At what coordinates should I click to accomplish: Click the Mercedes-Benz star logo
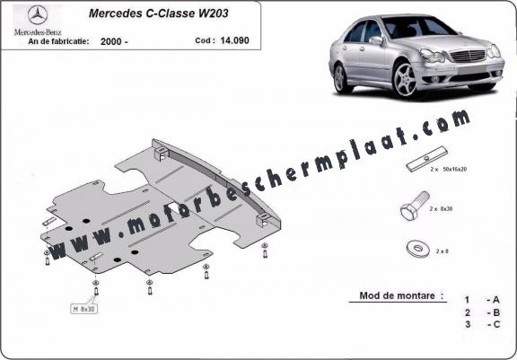tap(38, 15)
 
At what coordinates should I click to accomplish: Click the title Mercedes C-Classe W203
tap(158, 13)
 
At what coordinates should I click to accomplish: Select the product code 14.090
tap(235, 40)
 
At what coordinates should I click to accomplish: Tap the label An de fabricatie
tap(58, 41)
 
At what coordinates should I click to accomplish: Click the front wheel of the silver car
tap(406, 80)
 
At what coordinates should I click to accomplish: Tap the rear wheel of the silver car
tap(339, 79)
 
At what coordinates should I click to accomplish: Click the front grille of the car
tap(468, 56)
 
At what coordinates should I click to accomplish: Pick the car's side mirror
tap(376, 40)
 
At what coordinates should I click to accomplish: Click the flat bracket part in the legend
tap(427, 159)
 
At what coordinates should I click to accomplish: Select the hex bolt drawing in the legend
tap(415, 206)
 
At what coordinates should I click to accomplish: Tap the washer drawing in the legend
tap(417, 249)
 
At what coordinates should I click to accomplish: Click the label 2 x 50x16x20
tap(449, 170)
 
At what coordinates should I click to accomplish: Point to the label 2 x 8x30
tap(441, 209)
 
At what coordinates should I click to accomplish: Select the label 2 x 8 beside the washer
tap(443, 251)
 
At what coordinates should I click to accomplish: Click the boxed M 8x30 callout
tap(84, 309)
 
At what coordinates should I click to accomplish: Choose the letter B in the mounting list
tap(496, 312)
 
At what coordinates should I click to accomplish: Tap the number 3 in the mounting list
tap(468, 324)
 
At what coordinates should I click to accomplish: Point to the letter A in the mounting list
tap(495, 300)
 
